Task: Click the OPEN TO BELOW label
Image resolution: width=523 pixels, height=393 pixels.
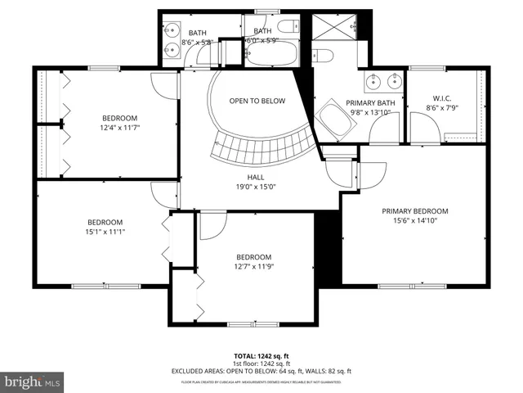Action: [x=257, y=101]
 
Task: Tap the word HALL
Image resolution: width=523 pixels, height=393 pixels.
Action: [x=256, y=176]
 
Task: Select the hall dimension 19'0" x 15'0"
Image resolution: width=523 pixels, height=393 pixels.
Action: [x=256, y=186]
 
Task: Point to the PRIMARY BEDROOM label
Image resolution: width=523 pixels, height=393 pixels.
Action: [x=414, y=210]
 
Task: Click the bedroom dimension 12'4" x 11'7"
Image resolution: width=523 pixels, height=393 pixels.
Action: [x=119, y=127]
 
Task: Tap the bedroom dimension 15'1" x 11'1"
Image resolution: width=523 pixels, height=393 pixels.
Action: [x=105, y=232]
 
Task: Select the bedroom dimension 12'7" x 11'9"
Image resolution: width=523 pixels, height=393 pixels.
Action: [x=253, y=266]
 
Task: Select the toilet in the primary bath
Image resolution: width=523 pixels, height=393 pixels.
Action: [x=324, y=57]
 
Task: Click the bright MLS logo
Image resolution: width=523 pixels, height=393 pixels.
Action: [x=33, y=382]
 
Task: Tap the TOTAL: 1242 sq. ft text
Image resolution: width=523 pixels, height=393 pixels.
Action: [x=261, y=356]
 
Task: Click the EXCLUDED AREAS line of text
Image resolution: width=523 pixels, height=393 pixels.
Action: [x=261, y=371]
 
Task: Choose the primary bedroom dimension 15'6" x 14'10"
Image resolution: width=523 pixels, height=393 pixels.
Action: [x=414, y=220]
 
